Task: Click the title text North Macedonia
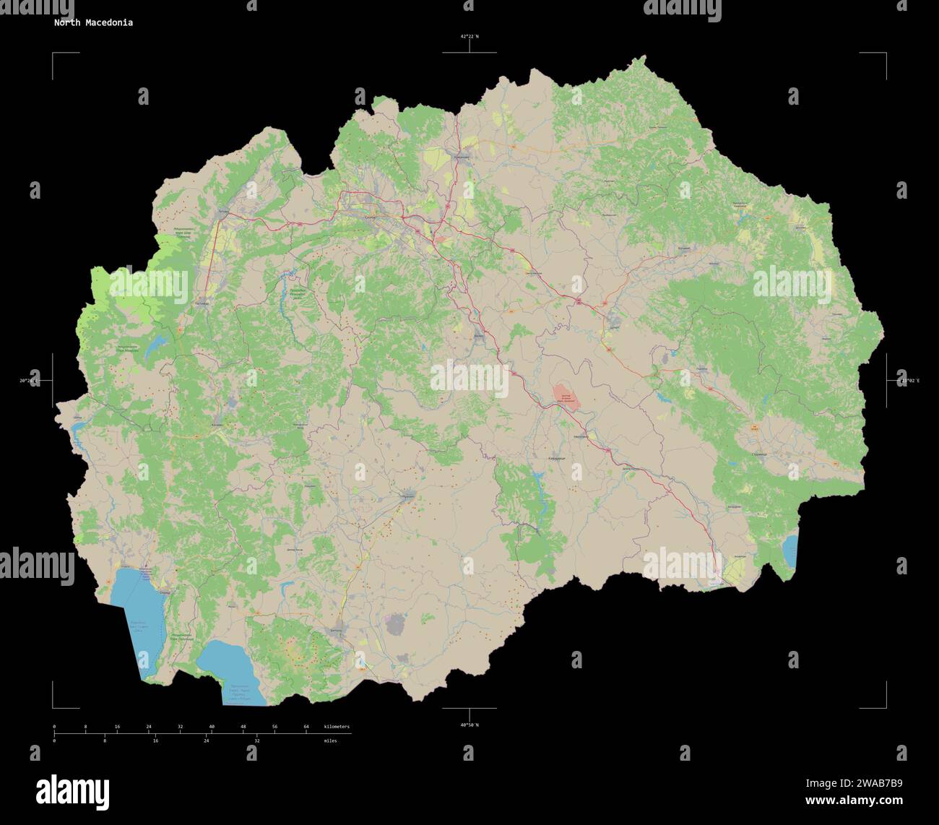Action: click(92, 22)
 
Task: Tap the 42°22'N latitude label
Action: click(469, 36)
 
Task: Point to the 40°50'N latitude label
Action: click(469, 725)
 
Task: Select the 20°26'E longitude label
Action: click(31, 380)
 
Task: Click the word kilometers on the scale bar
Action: click(337, 726)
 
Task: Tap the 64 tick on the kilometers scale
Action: click(306, 726)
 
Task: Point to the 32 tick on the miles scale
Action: click(256, 740)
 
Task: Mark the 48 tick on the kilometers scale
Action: click(243, 726)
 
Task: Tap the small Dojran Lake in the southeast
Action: click(789, 551)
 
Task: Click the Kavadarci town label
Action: click(556, 458)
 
